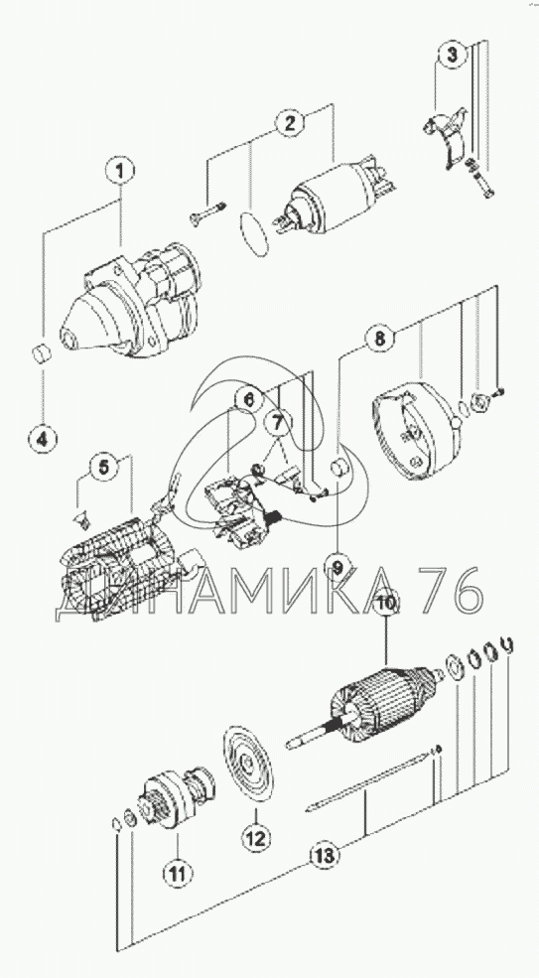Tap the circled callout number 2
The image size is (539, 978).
pos(290,123)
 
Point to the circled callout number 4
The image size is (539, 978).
pos(42,439)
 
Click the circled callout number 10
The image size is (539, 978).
pos(386,604)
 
